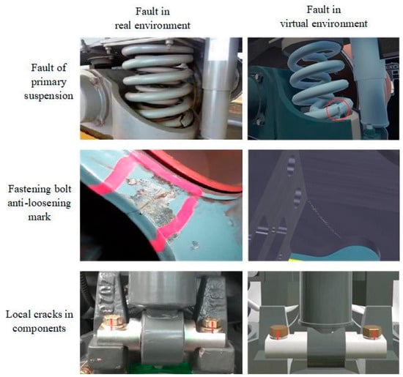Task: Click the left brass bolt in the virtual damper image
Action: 279,332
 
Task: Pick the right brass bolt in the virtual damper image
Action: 372,332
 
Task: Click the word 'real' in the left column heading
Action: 123,26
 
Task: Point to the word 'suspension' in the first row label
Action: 49,97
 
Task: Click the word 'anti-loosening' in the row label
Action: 40,203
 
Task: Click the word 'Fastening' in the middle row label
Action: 29,190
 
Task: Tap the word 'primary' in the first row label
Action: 49,83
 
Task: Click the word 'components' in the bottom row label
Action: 40,329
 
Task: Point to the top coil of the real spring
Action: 158,50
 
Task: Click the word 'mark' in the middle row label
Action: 40,217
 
